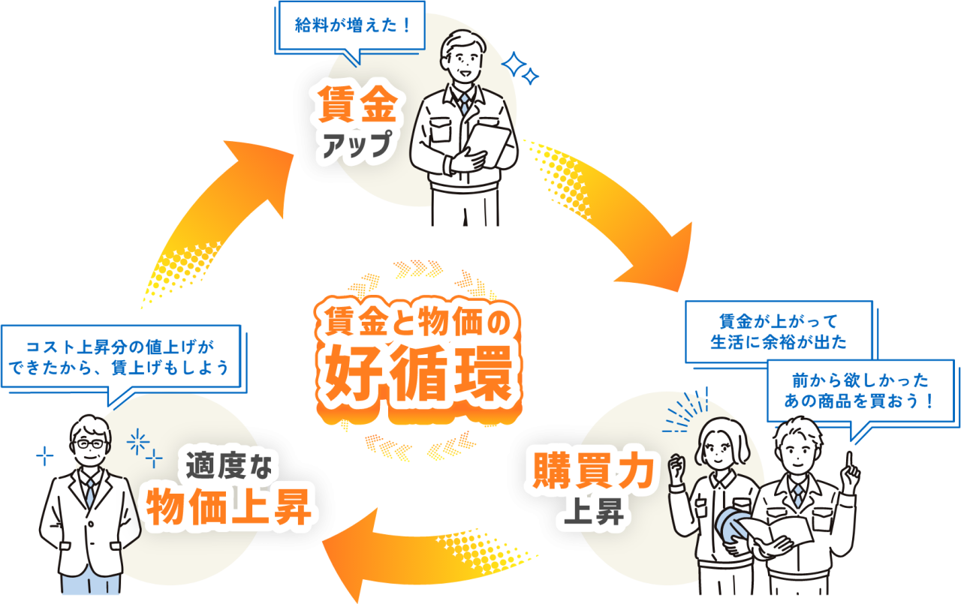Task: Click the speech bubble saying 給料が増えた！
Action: pyautogui.click(x=351, y=26)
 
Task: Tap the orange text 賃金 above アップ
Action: pyautogui.click(x=357, y=105)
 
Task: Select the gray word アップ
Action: pyautogui.click(x=357, y=143)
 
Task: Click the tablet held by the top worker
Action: pyautogui.click(x=490, y=143)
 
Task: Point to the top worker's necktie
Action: pyautogui.click(x=464, y=103)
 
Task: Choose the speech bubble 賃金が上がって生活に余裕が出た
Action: pyautogui.click(x=779, y=332)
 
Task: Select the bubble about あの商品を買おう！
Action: pyautogui.click(x=860, y=389)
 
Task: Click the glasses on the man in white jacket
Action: pyautogui.click(x=92, y=444)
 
